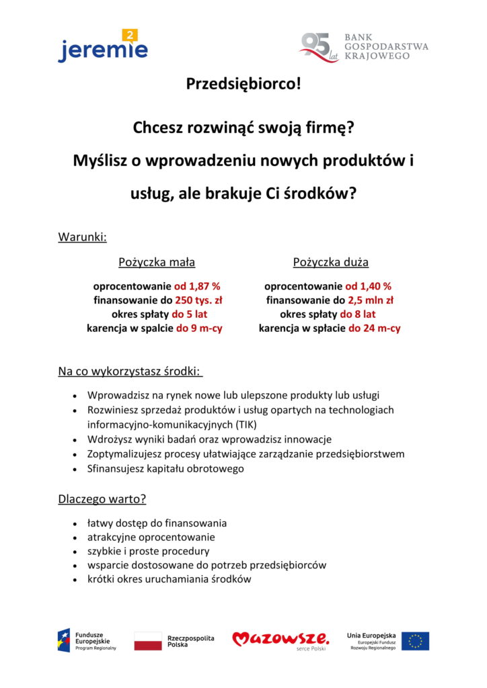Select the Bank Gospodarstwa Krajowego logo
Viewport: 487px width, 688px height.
[x=364, y=47]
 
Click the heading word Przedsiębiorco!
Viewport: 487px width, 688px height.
[x=243, y=85]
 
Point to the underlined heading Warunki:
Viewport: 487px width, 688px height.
[x=83, y=236]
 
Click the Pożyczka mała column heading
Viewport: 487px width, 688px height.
[x=157, y=262]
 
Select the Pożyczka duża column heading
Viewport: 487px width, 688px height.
[x=330, y=262]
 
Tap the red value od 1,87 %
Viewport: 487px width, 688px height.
[x=197, y=286]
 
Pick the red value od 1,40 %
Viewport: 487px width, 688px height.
[x=369, y=286]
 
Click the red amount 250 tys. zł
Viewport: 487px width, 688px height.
[x=198, y=300]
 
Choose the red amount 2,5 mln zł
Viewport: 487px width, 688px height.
[x=371, y=300]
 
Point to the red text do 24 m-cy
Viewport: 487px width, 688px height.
[x=374, y=329]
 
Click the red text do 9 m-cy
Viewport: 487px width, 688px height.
[x=199, y=329]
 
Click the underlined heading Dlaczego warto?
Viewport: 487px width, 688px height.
[x=102, y=499]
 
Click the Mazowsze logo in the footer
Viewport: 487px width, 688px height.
[x=280, y=640]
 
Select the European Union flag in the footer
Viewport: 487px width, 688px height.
[x=415, y=641]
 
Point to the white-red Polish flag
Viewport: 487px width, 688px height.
[x=148, y=641]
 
